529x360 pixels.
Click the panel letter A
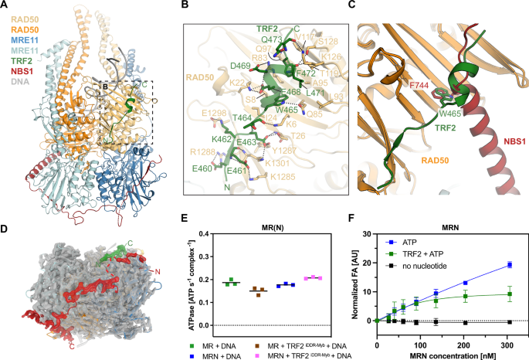pyautogui.click(x=5, y=5)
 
